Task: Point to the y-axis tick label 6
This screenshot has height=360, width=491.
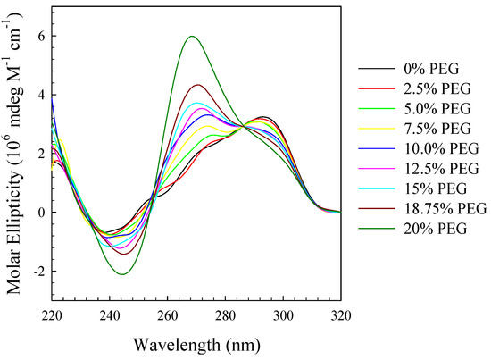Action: pyautogui.click(x=38, y=36)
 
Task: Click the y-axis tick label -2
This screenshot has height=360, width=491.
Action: pyautogui.click(x=36, y=272)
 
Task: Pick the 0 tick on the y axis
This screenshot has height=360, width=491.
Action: pyautogui.click(x=38, y=213)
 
